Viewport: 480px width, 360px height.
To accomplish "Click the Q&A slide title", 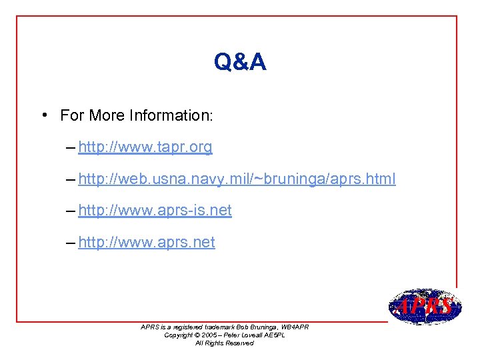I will (240, 63).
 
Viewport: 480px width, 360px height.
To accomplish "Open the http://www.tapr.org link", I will (145, 147).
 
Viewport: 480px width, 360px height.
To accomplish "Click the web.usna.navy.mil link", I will (237, 179).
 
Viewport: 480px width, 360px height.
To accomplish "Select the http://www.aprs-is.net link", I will (155, 211).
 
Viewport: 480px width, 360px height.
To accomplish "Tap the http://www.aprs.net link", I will (147, 243).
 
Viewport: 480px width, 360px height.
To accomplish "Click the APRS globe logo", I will (425, 307).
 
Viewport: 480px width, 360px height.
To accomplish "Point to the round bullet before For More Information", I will (42, 115).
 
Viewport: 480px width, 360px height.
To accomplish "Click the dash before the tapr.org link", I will (71, 147).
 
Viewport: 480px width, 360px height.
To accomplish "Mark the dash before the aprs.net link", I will (71, 243).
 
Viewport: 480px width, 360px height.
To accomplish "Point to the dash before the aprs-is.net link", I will (71, 211).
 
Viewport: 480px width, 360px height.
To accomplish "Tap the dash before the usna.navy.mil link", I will (71, 179).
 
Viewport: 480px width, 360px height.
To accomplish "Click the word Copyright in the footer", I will (179, 335).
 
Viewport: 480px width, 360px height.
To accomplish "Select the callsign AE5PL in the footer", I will (273, 335).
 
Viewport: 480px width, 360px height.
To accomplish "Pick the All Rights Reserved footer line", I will (224, 343).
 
